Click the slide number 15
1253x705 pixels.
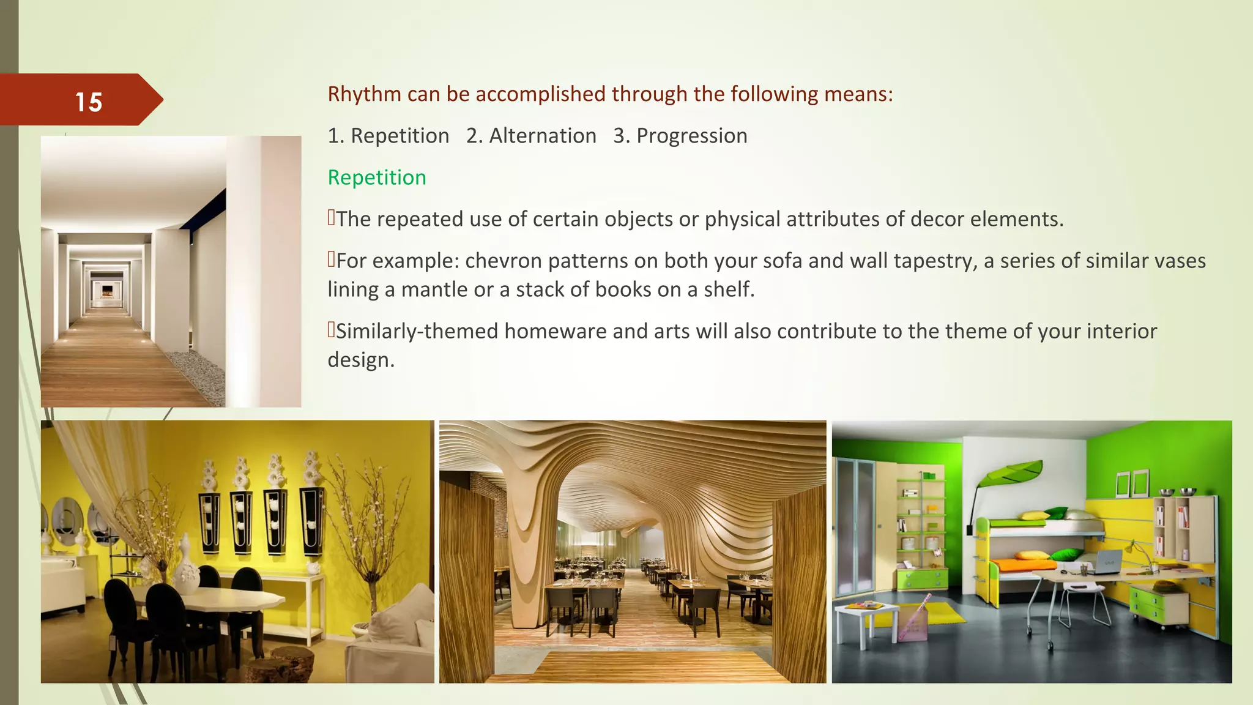click(x=88, y=102)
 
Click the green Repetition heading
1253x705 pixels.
click(x=376, y=177)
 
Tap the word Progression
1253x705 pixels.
click(x=691, y=136)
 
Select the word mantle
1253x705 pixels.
click(x=426, y=289)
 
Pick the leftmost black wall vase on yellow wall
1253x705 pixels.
click(x=209, y=520)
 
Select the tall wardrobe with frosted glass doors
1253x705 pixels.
click(x=857, y=526)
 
